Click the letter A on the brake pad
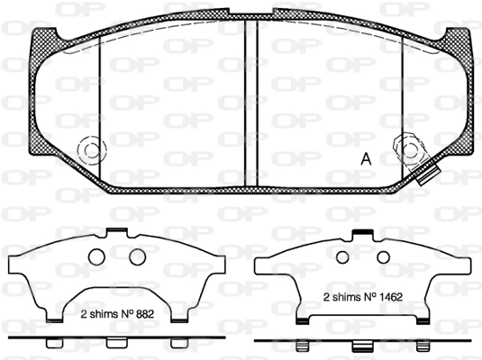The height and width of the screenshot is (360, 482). click(x=366, y=158)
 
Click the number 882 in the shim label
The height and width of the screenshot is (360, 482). click(x=143, y=314)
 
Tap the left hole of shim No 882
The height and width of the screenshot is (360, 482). click(x=96, y=256)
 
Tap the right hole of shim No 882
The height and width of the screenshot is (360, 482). click(x=137, y=256)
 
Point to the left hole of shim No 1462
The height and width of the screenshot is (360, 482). click(x=342, y=257)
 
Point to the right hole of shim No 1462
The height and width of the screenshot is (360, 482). click(x=383, y=257)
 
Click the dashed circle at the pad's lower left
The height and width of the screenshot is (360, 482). click(x=92, y=150)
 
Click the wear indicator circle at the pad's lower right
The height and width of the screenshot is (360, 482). click(x=409, y=150)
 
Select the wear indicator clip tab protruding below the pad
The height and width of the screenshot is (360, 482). click(x=428, y=175)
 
